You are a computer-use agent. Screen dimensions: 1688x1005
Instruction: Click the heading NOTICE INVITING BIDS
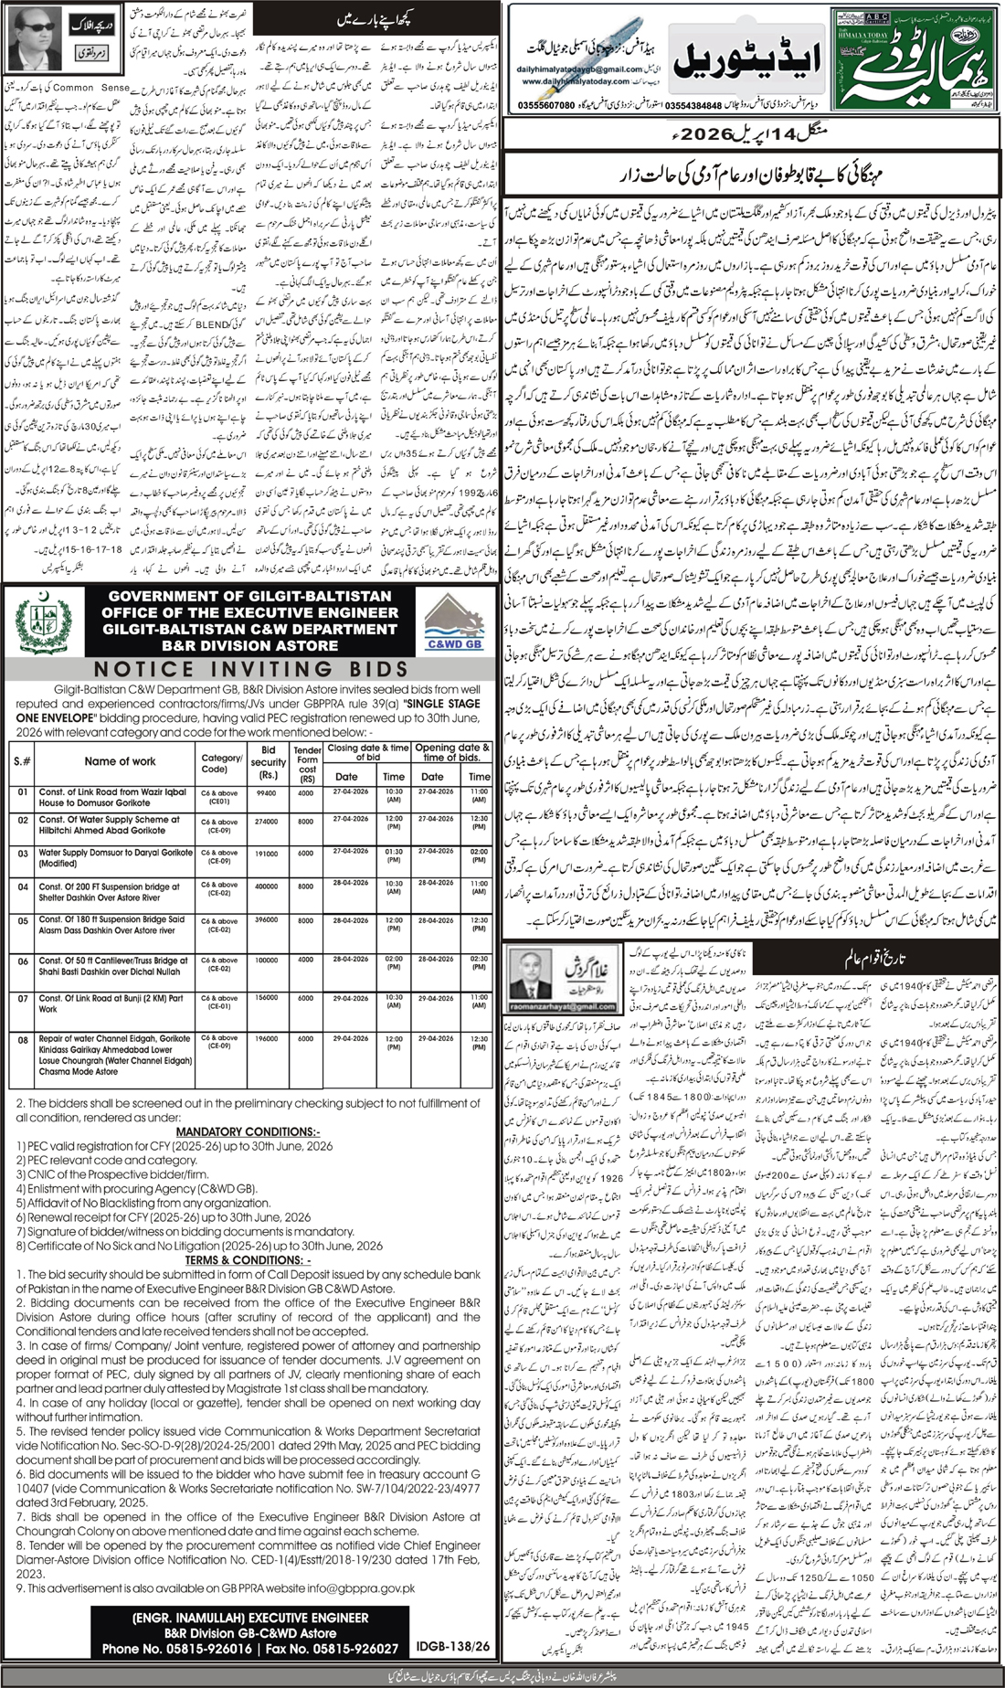click(250, 670)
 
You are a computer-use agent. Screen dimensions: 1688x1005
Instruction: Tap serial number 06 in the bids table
click(23, 961)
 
